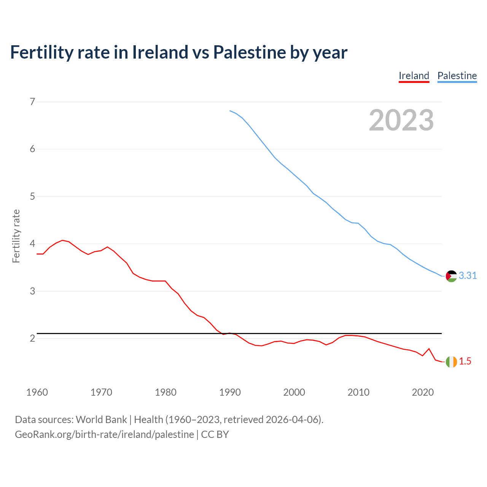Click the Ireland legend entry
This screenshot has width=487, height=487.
(x=414, y=76)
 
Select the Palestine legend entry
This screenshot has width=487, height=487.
(x=457, y=76)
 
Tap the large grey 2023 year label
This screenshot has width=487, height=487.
(x=401, y=120)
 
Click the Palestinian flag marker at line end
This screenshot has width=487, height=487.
(x=451, y=276)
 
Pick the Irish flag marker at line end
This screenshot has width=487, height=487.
(x=451, y=362)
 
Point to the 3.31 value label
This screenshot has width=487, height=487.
(x=468, y=276)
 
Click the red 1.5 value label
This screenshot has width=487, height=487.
(x=465, y=361)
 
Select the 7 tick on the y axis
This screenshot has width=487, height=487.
(x=32, y=102)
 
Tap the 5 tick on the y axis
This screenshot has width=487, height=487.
(x=32, y=196)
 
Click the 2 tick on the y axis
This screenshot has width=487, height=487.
(x=32, y=338)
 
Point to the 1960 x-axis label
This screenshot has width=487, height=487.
(x=37, y=392)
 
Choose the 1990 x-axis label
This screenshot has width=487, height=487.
(x=230, y=392)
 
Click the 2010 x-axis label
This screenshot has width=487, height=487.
(x=358, y=392)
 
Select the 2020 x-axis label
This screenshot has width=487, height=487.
(x=423, y=392)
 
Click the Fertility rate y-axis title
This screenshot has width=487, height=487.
(x=16, y=236)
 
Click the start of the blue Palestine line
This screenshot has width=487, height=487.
(x=230, y=111)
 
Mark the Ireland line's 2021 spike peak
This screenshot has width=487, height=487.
(x=429, y=349)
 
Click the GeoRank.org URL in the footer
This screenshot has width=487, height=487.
(x=104, y=434)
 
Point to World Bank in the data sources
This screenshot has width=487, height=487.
(x=101, y=420)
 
